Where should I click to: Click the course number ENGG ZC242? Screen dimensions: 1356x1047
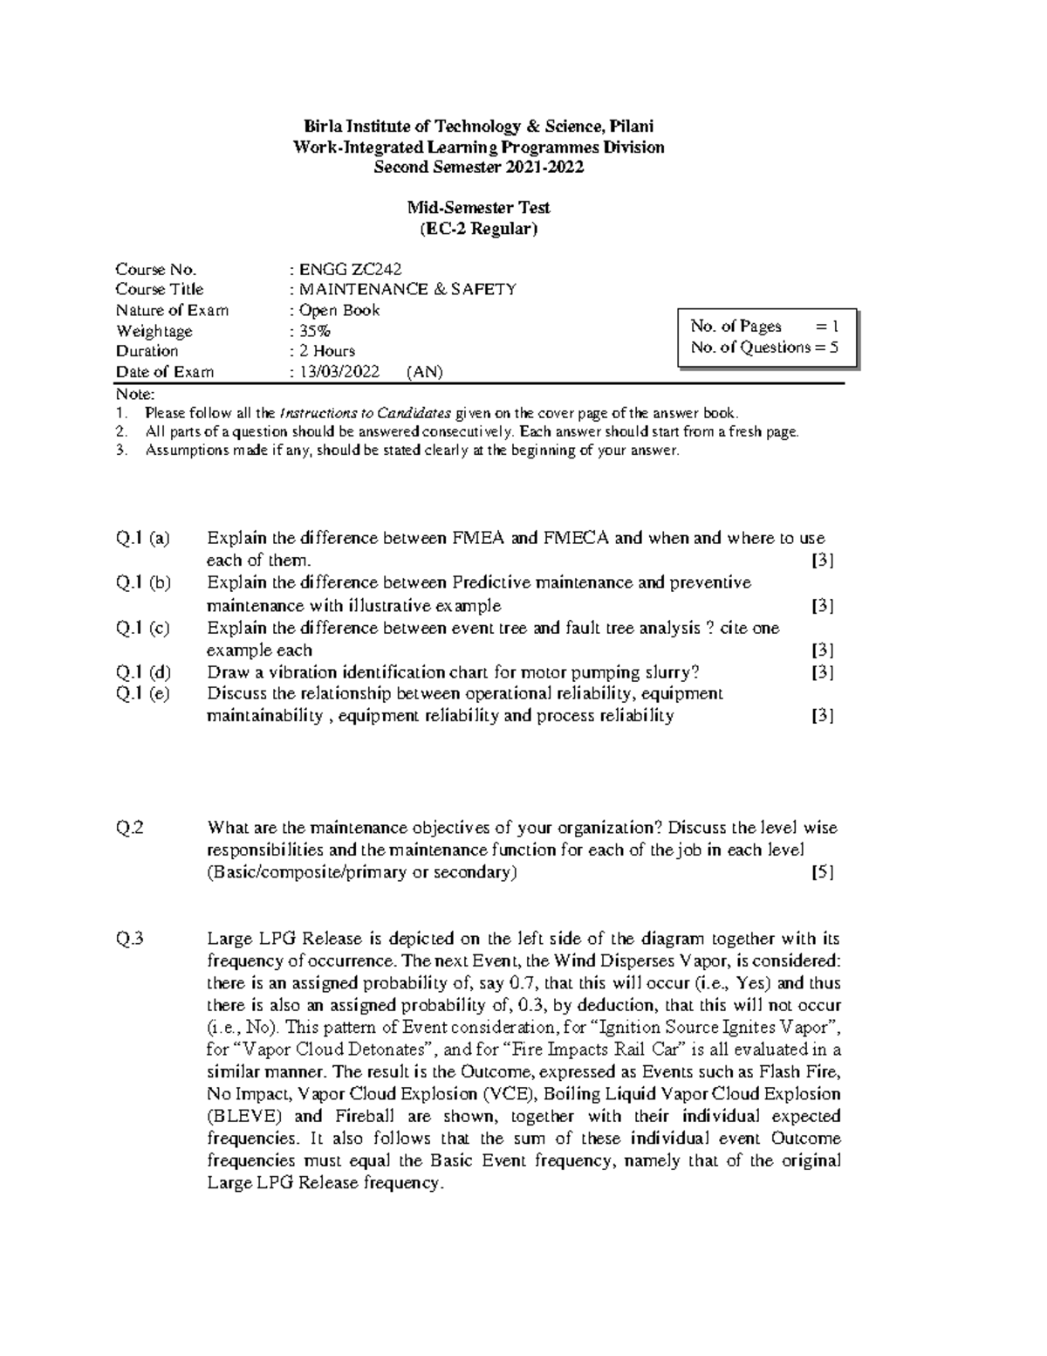pyautogui.click(x=350, y=269)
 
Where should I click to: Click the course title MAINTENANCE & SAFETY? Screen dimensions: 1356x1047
pyautogui.click(x=407, y=289)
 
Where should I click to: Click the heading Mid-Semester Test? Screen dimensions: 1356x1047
pyautogui.click(x=479, y=208)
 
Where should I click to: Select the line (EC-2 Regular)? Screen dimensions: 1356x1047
pyautogui.click(x=479, y=229)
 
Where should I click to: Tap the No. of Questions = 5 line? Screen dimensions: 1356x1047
pyautogui.click(x=764, y=348)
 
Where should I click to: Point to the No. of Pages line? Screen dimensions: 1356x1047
pyautogui.click(x=764, y=327)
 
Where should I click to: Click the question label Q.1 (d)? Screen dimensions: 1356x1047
pyautogui.click(x=143, y=672)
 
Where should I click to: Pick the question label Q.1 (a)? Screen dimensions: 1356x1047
pyautogui.click(x=143, y=538)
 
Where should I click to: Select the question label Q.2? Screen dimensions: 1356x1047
pyautogui.click(x=130, y=828)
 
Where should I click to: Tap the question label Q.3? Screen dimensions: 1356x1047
pyautogui.click(x=130, y=940)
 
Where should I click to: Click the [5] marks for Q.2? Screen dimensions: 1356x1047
pyautogui.click(x=822, y=872)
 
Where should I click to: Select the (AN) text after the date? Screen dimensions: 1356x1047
pyautogui.click(x=425, y=372)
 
